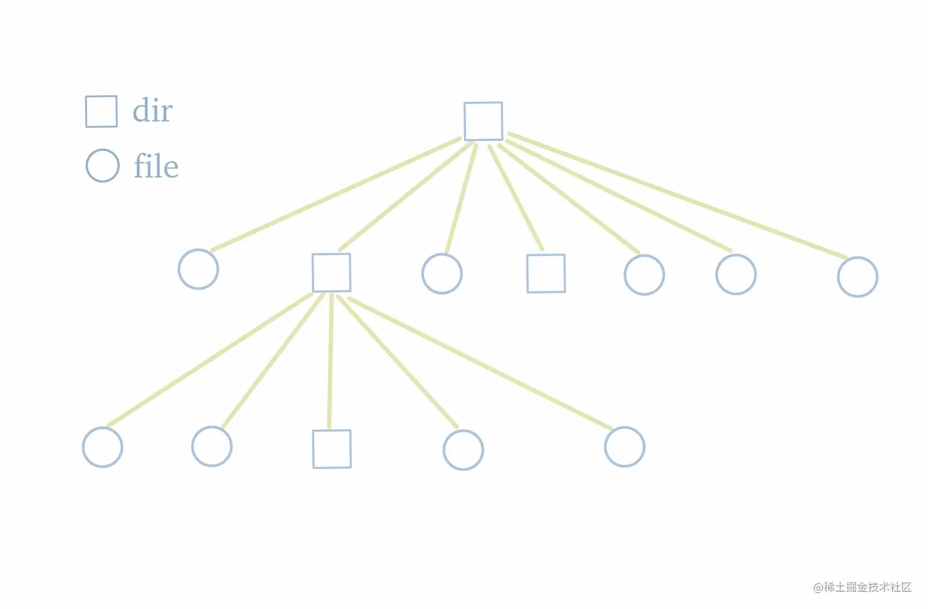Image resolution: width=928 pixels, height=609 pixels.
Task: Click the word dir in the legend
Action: point(153,111)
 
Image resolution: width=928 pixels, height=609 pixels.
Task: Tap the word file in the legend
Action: point(157,166)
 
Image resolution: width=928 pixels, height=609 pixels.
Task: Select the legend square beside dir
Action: point(101,112)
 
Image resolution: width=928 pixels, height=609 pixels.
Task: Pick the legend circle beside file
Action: point(102,166)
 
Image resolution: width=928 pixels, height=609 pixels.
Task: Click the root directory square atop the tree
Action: point(483,121)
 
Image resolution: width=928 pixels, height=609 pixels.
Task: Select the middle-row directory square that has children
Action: point(331,272)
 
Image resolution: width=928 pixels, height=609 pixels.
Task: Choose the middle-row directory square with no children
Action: point(546,274)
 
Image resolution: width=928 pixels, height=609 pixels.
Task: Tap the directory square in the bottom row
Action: point(332,449)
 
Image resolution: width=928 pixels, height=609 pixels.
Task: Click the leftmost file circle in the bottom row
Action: point(102,447)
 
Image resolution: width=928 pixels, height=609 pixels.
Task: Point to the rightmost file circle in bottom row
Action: point(624,447)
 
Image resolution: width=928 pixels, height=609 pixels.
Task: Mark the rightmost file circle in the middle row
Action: point(857,277)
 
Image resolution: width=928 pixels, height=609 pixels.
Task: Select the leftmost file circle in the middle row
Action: point(198,269)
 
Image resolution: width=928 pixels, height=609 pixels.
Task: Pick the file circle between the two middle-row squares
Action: point(442,274)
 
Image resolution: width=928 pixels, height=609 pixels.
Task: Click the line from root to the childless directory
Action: point(516,197)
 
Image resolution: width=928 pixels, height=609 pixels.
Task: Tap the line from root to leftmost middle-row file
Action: point(336,194)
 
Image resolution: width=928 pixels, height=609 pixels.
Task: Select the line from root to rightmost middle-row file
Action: point(678,194)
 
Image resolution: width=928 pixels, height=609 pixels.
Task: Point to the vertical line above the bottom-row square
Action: point(330,362)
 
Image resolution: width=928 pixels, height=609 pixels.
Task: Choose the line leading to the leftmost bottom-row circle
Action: point(209,360)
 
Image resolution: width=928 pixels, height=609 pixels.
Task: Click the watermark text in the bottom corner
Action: point(862,587)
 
